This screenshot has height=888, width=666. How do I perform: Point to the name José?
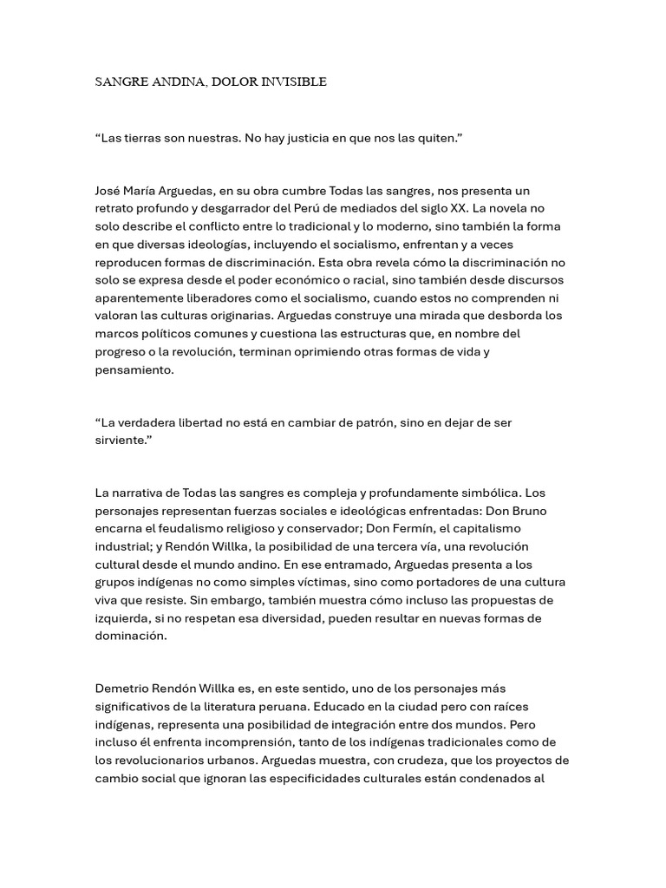[x=109, y=191]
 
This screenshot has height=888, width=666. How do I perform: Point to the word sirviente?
[x=121, y=440]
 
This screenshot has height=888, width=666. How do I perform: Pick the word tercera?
[x=407, y=546]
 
